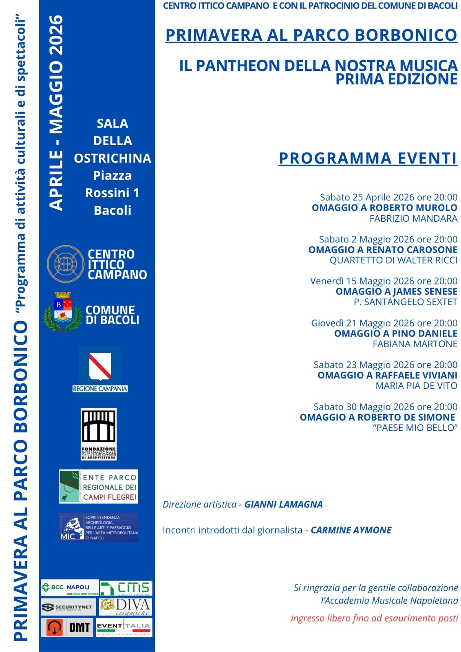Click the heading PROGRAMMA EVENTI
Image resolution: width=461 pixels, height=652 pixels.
tap(368, 158)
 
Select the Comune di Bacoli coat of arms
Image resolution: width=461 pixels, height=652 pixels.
tap(63, 312)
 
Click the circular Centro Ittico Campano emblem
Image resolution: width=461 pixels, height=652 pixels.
tap(66, 264)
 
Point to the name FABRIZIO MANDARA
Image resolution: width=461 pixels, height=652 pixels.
tap(413, 218)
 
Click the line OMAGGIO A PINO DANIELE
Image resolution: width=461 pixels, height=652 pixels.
tap(395, 333)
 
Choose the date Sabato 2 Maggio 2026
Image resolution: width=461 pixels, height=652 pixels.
tap(367, 239)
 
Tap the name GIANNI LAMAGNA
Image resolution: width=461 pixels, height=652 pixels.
tap(283, 504)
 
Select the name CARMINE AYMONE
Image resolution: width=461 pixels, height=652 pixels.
tap(351, 530)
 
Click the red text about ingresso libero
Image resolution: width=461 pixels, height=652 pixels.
tap(374, 618)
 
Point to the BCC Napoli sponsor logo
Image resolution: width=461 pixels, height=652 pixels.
tap(70, 588)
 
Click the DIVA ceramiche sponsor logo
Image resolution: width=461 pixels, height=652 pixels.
tap(126, 606)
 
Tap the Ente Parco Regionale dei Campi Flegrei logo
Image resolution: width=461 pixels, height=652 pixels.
tap(99, 487)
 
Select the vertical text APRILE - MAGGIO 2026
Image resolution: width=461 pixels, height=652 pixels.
tap(56, 113)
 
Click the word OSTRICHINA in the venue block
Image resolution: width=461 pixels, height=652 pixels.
tap(112, 158)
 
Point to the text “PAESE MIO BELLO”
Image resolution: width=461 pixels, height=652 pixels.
tap(415, 428)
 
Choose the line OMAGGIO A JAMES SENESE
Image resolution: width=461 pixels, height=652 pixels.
tap(396, 291)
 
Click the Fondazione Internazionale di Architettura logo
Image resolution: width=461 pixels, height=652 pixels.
tap(99, 434)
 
